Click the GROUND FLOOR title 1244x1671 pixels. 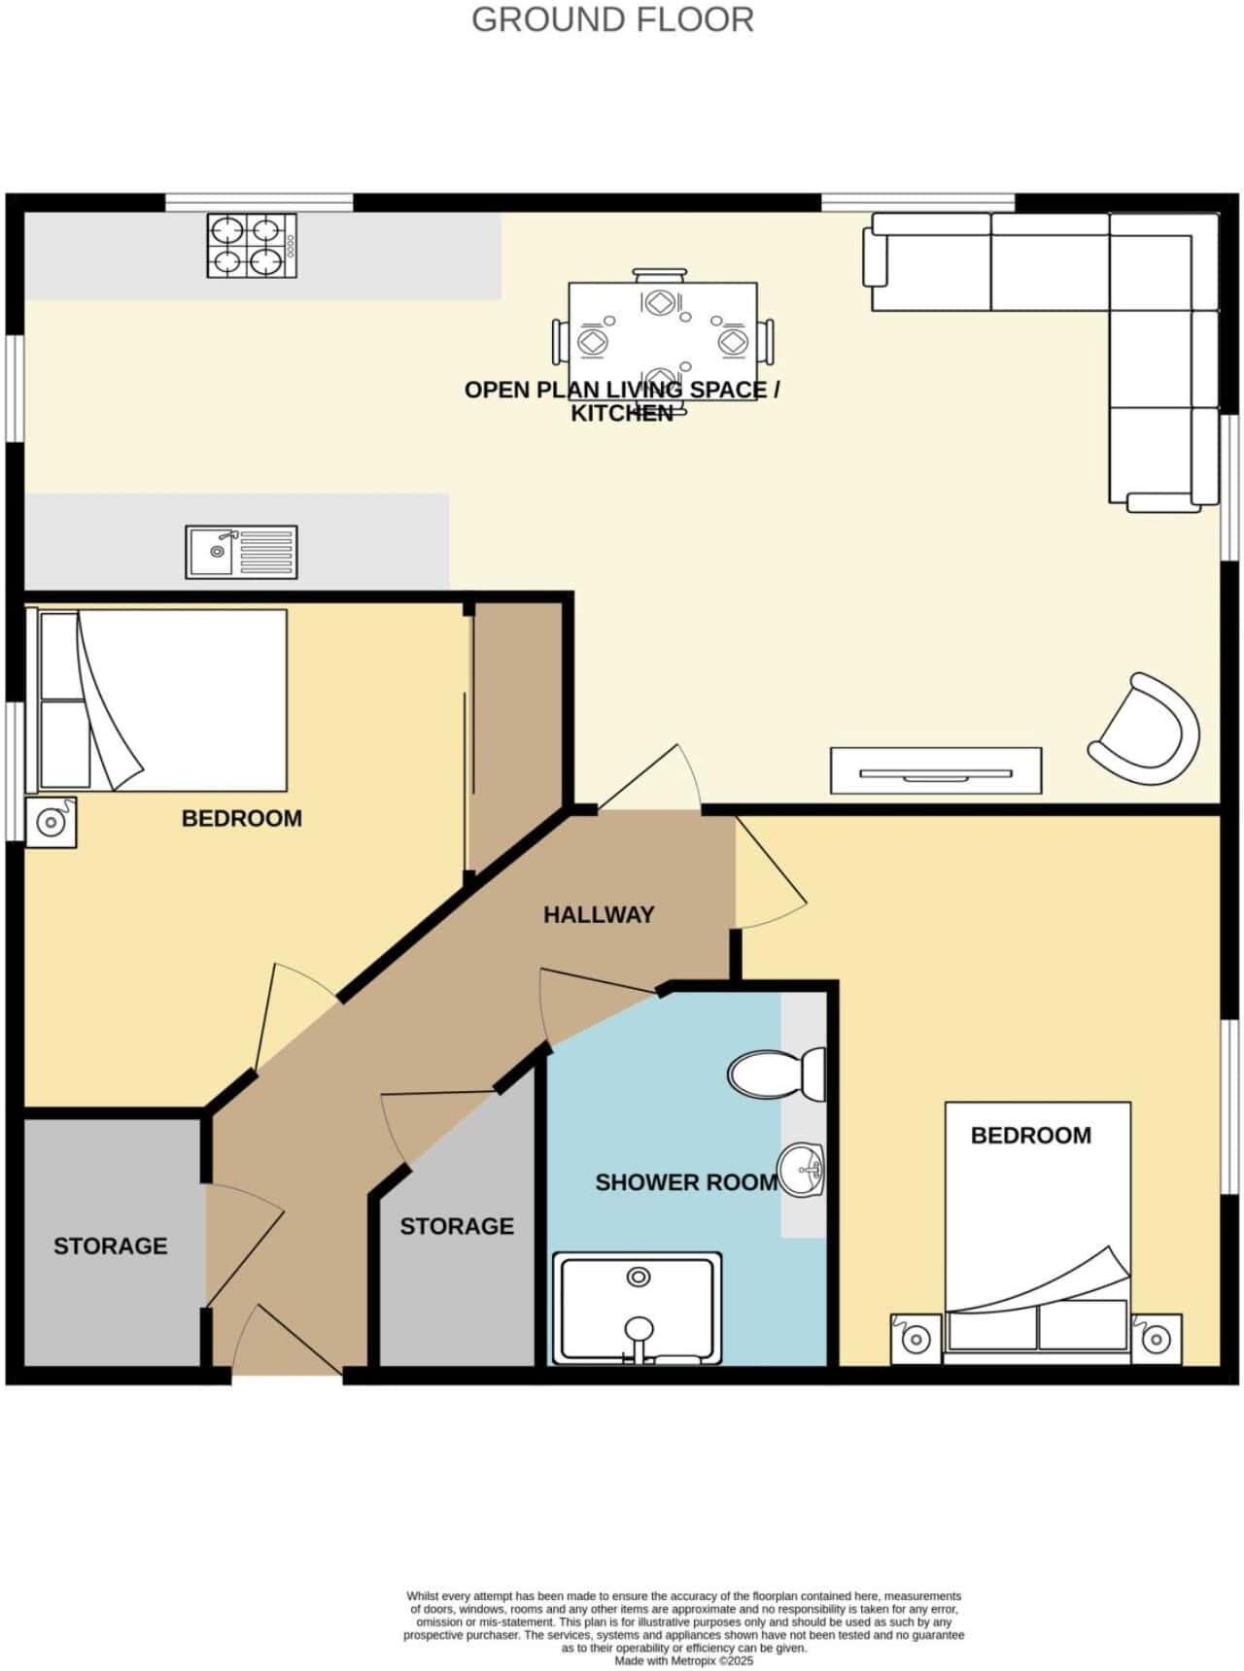pyautogui.click(x=612, y=19)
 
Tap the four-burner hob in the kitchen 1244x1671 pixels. pyautogui.click(x=251, y=245)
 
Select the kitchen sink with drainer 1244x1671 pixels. pyautogui.click(x=242, y=552)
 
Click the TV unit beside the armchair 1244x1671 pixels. pyautogui.click(x=936, y=770)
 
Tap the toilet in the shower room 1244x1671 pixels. pyautogui.click(x=776, y=1074)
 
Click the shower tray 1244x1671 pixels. pyautogui.click(x=638, y=1308)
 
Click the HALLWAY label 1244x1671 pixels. pyautogui.click(x=599, y=914)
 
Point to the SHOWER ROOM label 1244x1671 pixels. pyautogui.click(x=686, y=1182)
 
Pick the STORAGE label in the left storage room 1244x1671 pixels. pyautogui.click(x=110, y=1245)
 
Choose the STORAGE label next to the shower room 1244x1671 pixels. pyautogui.click(x=457, y=1226)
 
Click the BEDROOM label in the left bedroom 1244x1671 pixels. pyautogui.click(x=242, y=818)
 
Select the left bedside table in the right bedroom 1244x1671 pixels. pyautogui.click(x=916, y=1340)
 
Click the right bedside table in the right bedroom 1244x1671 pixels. pyautogui.click(x=1156, y=1340)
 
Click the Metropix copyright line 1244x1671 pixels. pyautogui.click(x=684, y=1661)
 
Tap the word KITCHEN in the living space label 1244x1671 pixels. pyautogui.click(x=622, y=414)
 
